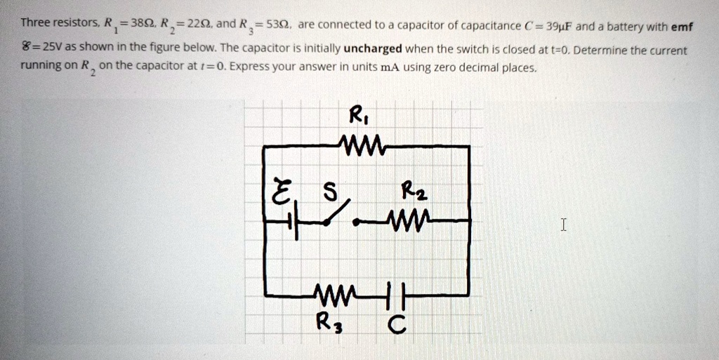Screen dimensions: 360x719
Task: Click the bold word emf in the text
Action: (682, 27)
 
